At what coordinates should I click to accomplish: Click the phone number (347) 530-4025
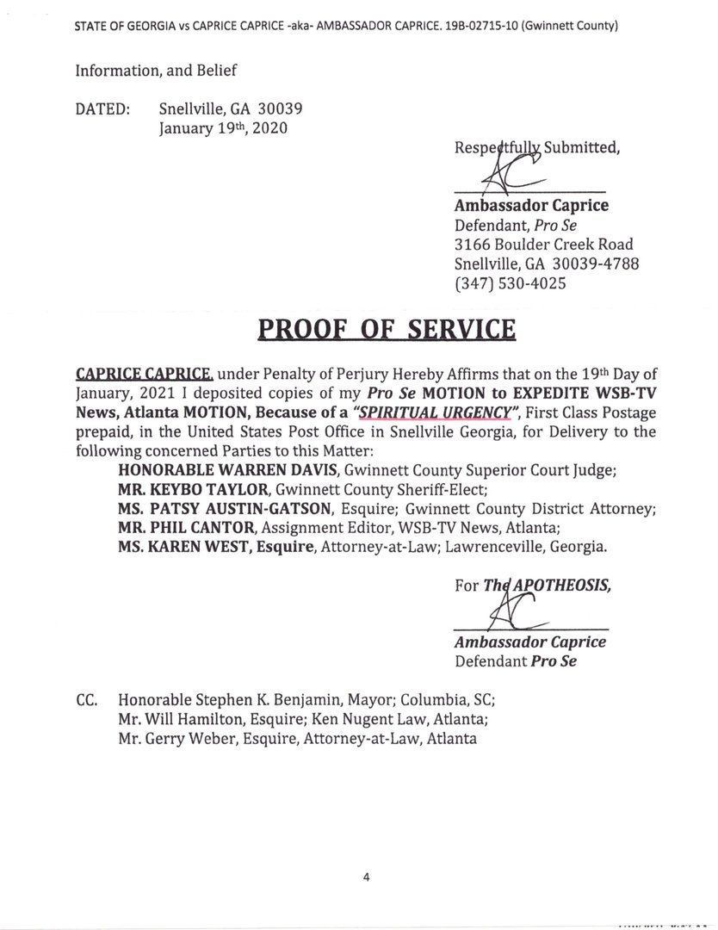[x=510, y=282]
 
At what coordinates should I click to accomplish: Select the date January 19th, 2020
[x=223, y=128]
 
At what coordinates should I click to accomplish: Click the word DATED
[x=102, y=109]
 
